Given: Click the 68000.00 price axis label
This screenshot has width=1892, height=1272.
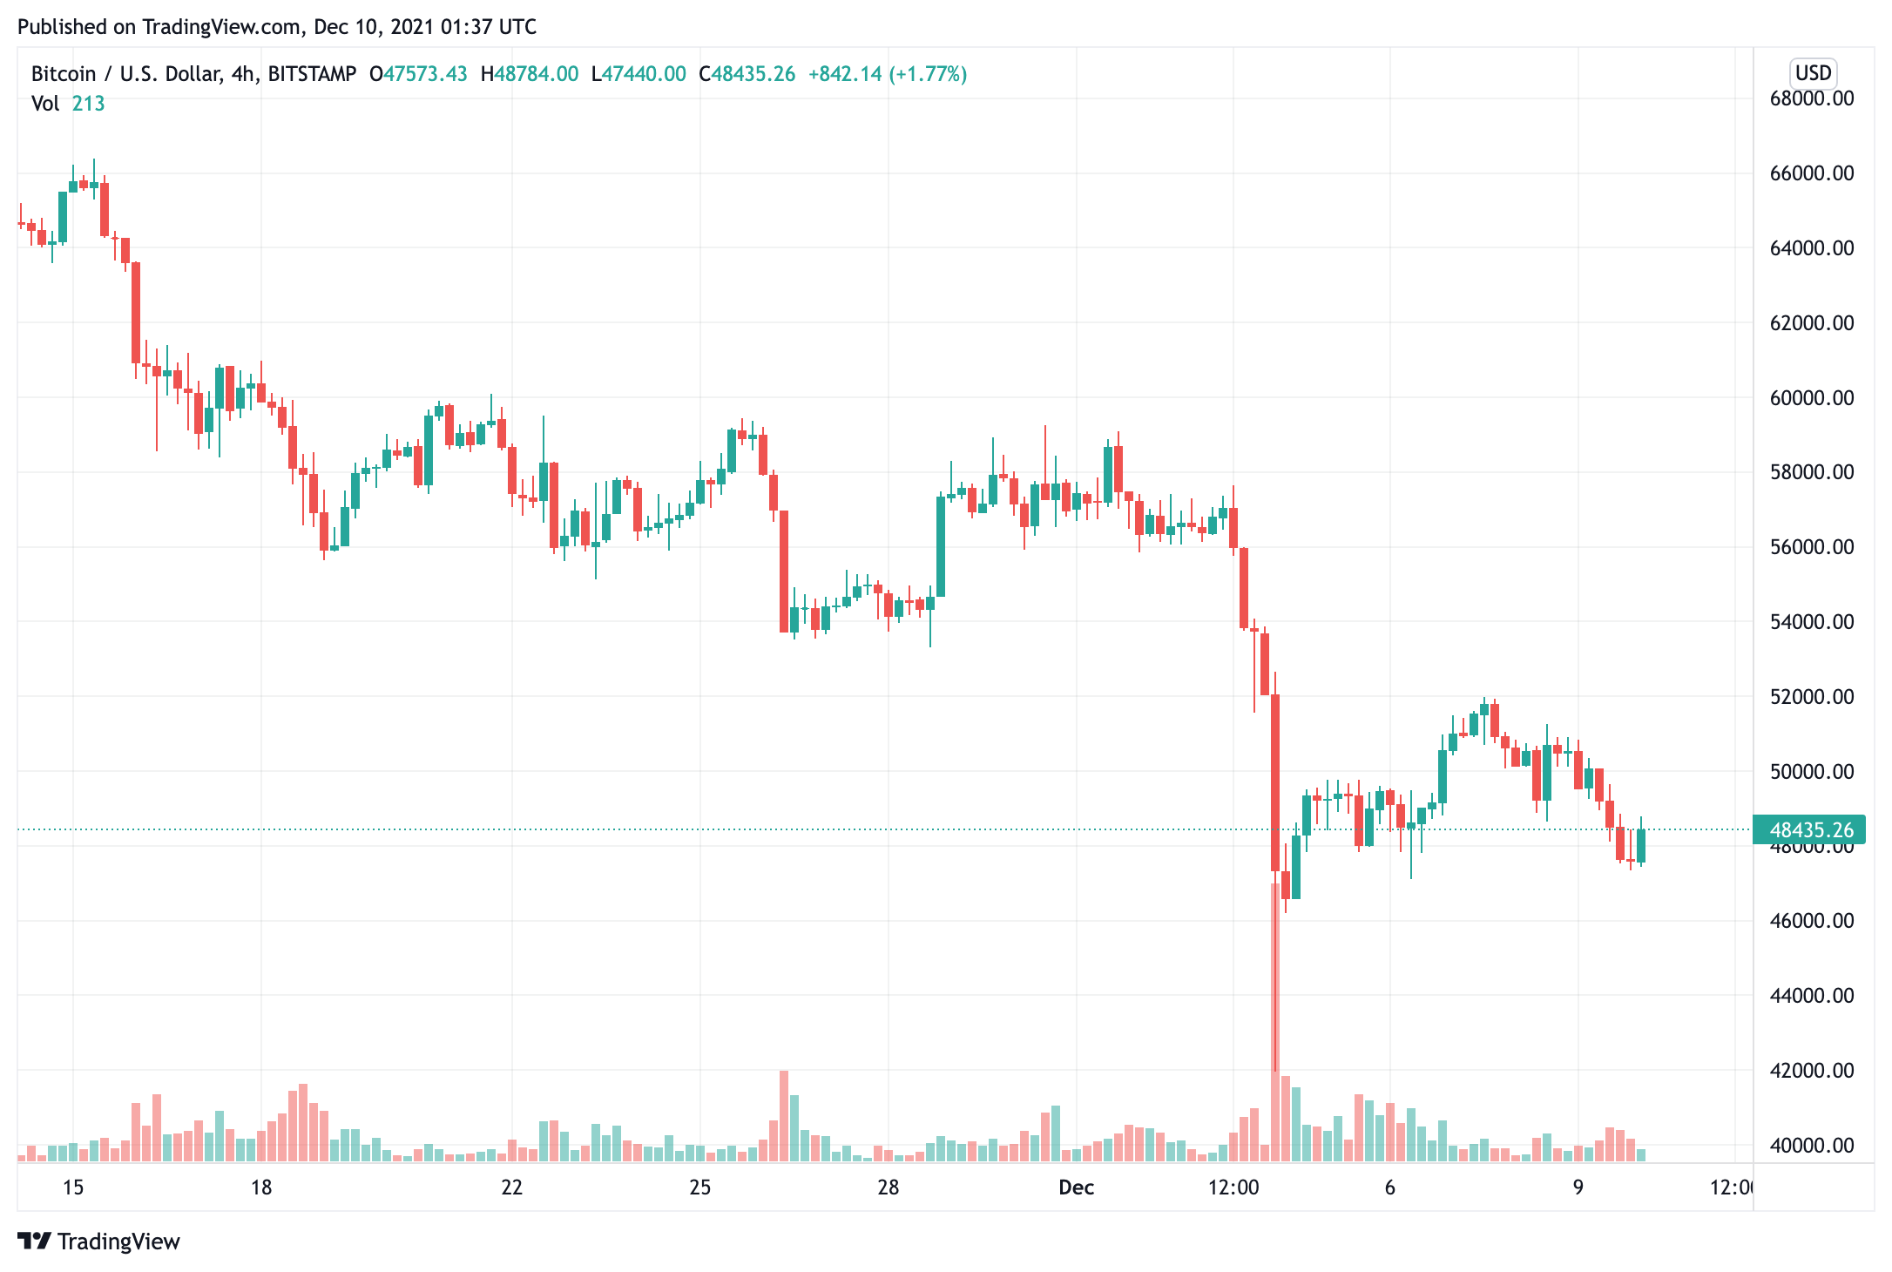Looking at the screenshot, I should [x=1811, y=98].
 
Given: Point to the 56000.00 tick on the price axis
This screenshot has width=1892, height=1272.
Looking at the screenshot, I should [x=1811, y=547].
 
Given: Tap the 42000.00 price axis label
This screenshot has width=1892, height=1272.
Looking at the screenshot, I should [x=1811, y=1071].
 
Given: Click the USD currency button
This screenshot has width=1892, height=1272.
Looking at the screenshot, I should [x=1814, y=73].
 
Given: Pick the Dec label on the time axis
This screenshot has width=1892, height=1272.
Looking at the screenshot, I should [x=1076, y=1187].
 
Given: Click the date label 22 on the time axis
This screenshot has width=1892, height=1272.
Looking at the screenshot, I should [x=512, y=1187].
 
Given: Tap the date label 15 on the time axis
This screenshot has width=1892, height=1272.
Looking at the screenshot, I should [x=73, y=1187].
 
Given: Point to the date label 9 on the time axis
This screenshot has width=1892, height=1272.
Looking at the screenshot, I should [x=1578, y=1187].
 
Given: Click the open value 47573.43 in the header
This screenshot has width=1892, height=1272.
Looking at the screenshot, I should [x=425, y=74].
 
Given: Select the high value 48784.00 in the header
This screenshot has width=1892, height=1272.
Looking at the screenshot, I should [x=536, y=74].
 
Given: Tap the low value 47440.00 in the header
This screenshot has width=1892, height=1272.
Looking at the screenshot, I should [x=644, y=74].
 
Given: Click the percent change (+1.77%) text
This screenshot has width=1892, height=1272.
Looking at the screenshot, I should [x=928, y=74].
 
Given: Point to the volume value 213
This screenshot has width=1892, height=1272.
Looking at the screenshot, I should [x=88, y=104].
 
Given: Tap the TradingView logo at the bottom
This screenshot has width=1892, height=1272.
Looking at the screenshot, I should [x=98, y=1242].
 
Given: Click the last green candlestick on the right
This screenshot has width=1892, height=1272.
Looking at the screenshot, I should [x=1641, y=845].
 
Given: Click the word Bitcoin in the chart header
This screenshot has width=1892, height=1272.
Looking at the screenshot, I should [x=64, y=74].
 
